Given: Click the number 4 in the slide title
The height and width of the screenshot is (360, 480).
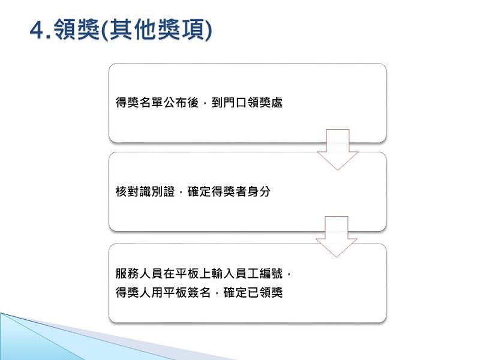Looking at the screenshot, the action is click(x=37, y=31).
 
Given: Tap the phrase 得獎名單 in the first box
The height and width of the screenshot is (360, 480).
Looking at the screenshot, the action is click(x=139, y=103).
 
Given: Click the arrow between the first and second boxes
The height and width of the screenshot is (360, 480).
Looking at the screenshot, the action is click(x=337, y=149).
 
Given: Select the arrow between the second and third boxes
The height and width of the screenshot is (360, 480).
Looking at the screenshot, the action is click(x=337, y=236).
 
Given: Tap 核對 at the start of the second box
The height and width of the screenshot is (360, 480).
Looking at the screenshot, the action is click(x=127, y=191).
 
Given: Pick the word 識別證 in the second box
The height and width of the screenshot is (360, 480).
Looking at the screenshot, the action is click(x=157, y=191).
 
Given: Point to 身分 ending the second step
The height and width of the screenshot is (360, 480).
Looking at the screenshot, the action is click(x=259, y=191).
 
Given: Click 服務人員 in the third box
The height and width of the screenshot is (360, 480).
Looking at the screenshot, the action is click(x=139, y=274).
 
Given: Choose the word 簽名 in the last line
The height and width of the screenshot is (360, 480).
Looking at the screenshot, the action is click(x=199, y=292).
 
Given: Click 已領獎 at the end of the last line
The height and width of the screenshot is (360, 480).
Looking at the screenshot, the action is click(x=265, y=292).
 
